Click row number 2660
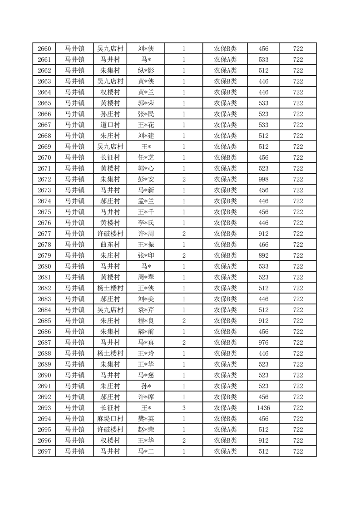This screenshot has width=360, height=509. tap(44, 49)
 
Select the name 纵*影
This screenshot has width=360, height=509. tap(146, 70)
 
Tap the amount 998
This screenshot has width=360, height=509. tap(263, 179)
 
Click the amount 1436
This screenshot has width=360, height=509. tap(263, 408)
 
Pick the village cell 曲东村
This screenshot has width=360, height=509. tap(110, 245)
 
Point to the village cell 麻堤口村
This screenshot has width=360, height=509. tap(110, 419)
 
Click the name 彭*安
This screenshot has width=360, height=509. tap(146, 179)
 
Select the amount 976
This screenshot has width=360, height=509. tap(263, 343)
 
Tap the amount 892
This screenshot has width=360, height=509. tap(263, 255)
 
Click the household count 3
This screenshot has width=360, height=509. tap(183, 408)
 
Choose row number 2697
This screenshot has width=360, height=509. tap(44, 451)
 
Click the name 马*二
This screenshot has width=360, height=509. tap(146, 451)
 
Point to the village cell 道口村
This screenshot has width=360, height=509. tap(110, 125)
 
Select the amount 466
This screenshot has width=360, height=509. tap(263, 245)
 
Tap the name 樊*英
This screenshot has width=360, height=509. tap(146, 419)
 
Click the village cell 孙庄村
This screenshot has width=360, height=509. tap(110, 114)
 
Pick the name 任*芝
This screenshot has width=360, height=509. tap(146, 157)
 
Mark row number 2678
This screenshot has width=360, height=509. tap(44, 245)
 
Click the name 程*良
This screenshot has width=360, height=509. tap(146, 321)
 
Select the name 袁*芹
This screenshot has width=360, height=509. tap(146, 310)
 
